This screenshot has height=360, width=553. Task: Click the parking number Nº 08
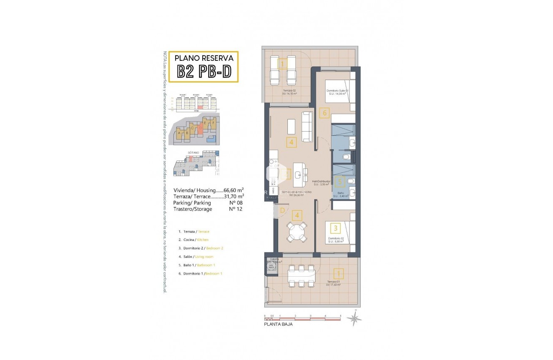tap(236, 202)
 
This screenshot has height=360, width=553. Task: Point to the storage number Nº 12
tap(236, 209)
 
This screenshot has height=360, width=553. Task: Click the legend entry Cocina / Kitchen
tap(193, 240)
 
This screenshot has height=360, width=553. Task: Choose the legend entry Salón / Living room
tap(195, 256)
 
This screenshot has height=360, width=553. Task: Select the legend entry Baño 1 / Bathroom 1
tap(196, 265)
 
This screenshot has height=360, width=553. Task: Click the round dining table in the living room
tap(297, 232)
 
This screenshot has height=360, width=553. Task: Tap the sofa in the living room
tap(307, 127)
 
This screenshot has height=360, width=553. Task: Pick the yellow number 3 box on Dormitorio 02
tap(335, 228)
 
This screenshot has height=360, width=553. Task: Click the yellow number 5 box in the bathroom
tap(340, 181)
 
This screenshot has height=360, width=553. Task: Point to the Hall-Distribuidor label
tap(321, 181)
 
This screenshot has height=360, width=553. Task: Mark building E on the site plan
tap(205, 123)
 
